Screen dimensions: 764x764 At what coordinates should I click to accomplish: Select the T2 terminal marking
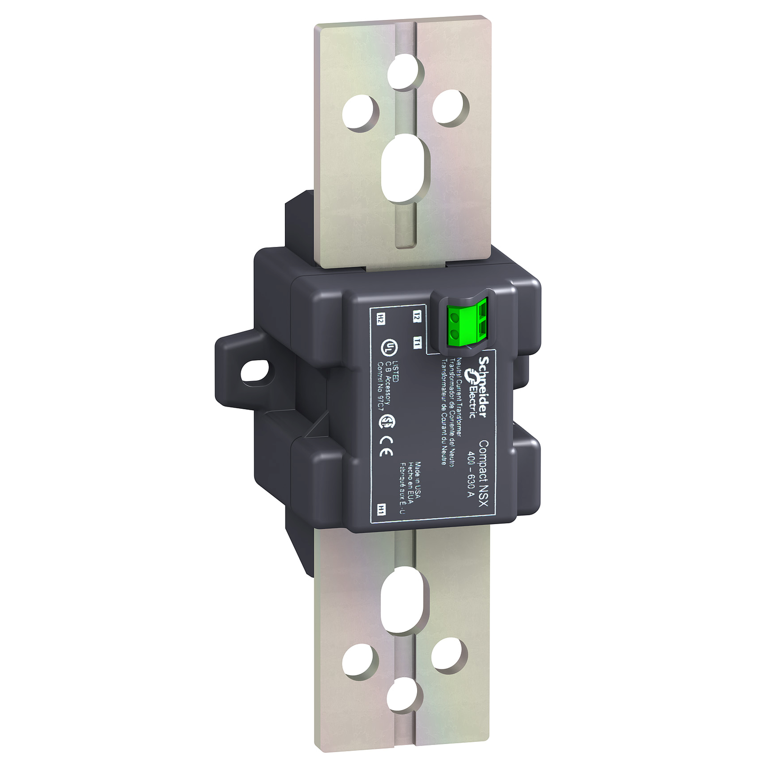click(x=417, y=316)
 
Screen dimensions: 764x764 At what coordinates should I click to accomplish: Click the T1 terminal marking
click(x=418, y=343)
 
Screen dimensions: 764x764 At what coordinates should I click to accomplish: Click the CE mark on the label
click(x=386, y=447)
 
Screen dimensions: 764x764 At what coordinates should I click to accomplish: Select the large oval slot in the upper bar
click(x=404, y=168)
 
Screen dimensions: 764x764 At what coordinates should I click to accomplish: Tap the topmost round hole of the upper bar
click(x=405, y=72)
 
